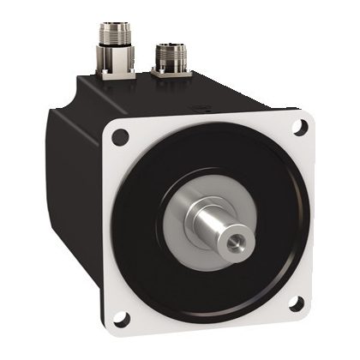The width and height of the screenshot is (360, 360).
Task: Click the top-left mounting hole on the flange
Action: (121, 135)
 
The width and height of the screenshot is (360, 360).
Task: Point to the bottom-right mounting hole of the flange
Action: (294, 303)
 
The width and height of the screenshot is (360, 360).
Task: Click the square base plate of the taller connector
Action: (114, 75)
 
